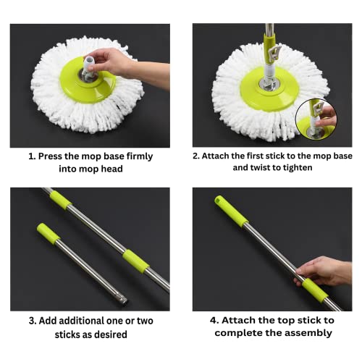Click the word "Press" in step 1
[50, 156]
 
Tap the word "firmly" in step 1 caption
[140, 156]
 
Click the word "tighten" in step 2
[298, 168]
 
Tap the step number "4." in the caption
[214, 321]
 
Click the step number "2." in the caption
[196, 156]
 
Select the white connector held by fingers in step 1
[88, 67]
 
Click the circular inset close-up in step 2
[316, 119]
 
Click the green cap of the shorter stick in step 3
[49, 234]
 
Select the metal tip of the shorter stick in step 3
[123, 300]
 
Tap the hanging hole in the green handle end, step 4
[218, 200]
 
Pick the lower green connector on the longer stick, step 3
[136, 262]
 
